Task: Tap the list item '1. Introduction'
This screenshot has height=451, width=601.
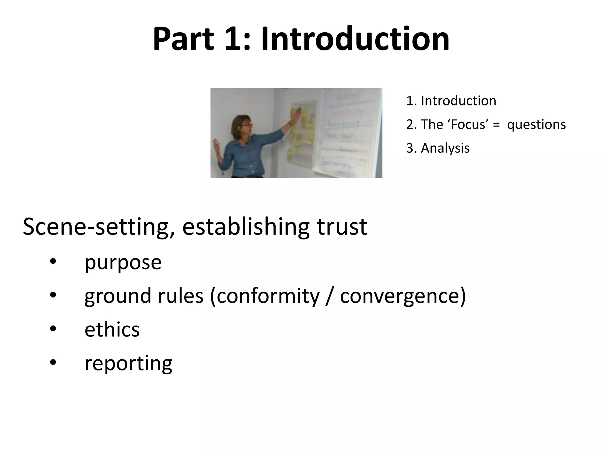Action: (451, 101)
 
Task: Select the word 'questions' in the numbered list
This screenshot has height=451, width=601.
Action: (536, 124)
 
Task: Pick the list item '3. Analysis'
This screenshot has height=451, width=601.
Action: (438, 148)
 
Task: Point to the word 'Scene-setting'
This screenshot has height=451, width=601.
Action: (99, 227)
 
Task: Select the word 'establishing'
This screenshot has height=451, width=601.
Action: (246, 227)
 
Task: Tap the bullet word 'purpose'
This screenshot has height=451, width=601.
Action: (123, 262)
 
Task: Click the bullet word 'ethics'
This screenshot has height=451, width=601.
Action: (112, 329)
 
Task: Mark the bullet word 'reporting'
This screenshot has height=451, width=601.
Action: (128, 364)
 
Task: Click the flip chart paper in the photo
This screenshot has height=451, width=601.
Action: (346, 132)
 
